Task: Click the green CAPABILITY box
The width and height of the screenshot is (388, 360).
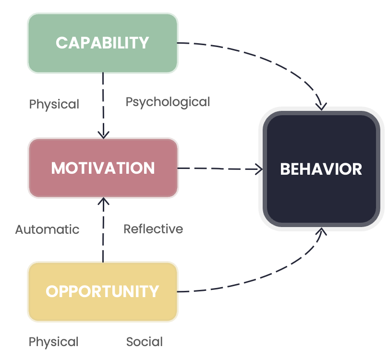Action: coord(103,43)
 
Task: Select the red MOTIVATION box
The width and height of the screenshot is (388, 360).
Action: coord(103,168)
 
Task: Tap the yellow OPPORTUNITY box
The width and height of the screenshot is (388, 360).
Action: coord(103,291)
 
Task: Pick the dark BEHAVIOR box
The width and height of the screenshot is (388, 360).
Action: coord(321,169)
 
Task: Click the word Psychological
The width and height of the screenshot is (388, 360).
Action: coord(168,102)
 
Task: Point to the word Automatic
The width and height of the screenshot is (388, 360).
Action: coord(47,229)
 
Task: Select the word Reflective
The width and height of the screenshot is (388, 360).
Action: coord(153,229)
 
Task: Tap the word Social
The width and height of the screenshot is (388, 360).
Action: coord(144,342)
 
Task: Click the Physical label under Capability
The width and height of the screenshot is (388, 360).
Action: coord(54,104)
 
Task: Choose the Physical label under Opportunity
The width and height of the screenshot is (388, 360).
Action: coord(54,342)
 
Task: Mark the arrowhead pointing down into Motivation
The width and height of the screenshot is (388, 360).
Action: coord(103,134)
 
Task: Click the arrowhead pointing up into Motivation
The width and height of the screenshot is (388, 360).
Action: coord(103,201)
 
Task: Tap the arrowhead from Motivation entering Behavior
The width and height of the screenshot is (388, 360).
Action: coord(259,168)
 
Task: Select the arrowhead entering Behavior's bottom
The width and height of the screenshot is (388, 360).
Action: coord(321,232)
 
